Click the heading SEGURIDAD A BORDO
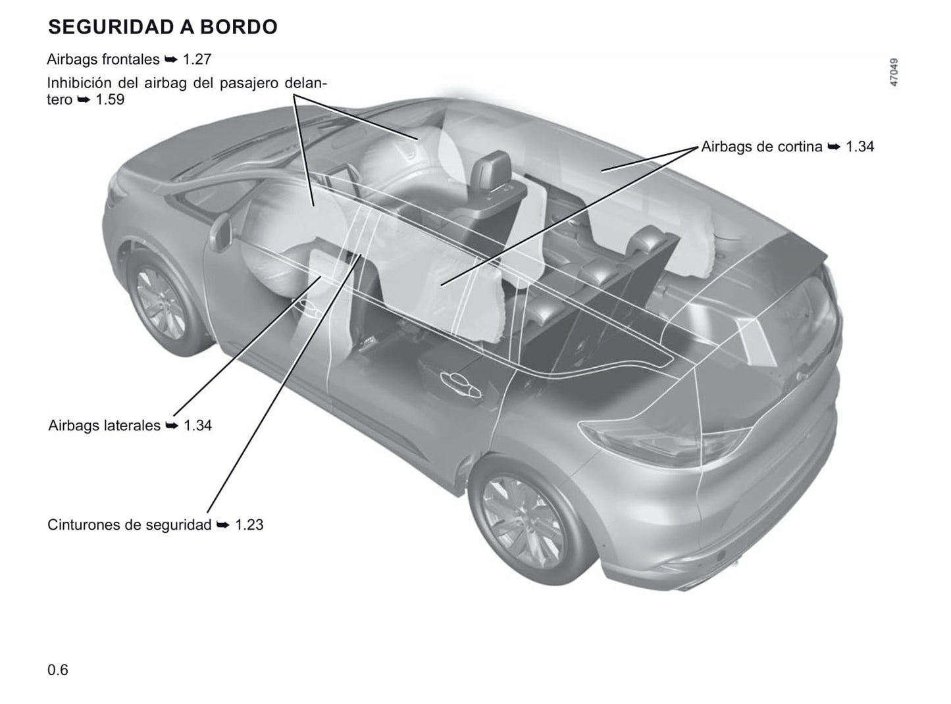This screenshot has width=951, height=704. click(x=163, y=26)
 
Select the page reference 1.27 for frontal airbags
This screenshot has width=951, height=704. click(x=197, y=59)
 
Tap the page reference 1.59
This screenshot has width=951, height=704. click(x=110, y=99)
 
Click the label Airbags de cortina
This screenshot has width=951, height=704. click(x=761, y=147)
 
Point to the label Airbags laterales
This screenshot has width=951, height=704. click(x=104, y=425)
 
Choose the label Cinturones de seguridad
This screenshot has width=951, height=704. click(x=129, y=525)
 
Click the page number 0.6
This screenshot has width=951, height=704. click(x=58, y=670)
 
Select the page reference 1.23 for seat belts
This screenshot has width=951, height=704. click(x=249, y=525)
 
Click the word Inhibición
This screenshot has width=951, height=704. click(x=80, y=82)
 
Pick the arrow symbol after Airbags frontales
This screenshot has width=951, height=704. click(x=171, y=60)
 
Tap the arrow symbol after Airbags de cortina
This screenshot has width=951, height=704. click(x=834, y=147)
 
